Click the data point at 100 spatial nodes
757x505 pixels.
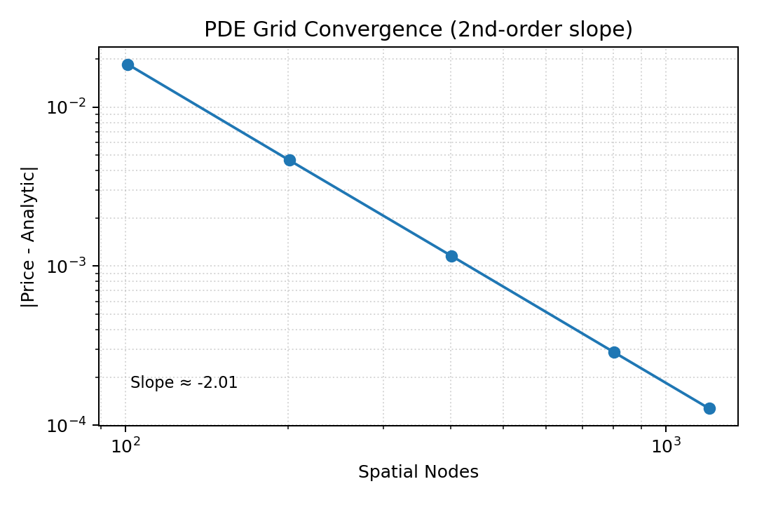[x=128, y=65]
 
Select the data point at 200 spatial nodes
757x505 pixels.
[x=289, y=160]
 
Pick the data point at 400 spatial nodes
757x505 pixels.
[x=451, y=256]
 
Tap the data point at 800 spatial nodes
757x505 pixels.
[x=614, y=352]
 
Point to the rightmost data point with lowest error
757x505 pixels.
[x=709, y=408]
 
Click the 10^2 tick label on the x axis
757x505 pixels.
[x=125, y=447]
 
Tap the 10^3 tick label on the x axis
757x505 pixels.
[x=666, y=447]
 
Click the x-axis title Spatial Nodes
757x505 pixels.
[x=418, y=473]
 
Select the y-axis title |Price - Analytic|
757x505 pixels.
[x=29, y=236]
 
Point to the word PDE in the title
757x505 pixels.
[x=221, y=29]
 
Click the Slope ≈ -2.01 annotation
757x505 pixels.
[x=184, y=383]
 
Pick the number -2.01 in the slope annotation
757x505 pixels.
[x=218, y=383]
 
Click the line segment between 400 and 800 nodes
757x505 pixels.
[x=533, y=304]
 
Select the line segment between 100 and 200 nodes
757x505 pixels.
[x=208, y=112]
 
